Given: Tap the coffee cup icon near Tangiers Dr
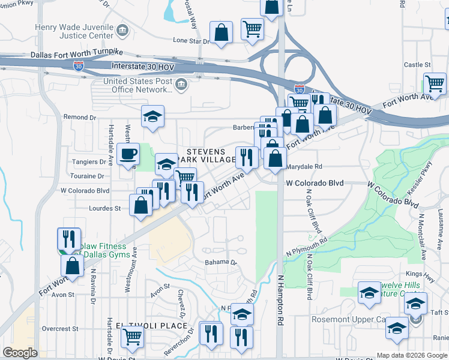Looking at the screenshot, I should tap(127, 155).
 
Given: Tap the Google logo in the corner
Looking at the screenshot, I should tap(20, 353).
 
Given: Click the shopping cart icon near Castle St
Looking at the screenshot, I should tap(435, 83).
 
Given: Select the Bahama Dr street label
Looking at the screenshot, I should tap(221, 263).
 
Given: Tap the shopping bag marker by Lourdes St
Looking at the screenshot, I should tap(140, 206).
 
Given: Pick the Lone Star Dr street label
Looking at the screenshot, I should tap(191, 41).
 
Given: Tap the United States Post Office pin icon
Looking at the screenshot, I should tap(179, 86).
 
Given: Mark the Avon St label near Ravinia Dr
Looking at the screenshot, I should tap(62, 295).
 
